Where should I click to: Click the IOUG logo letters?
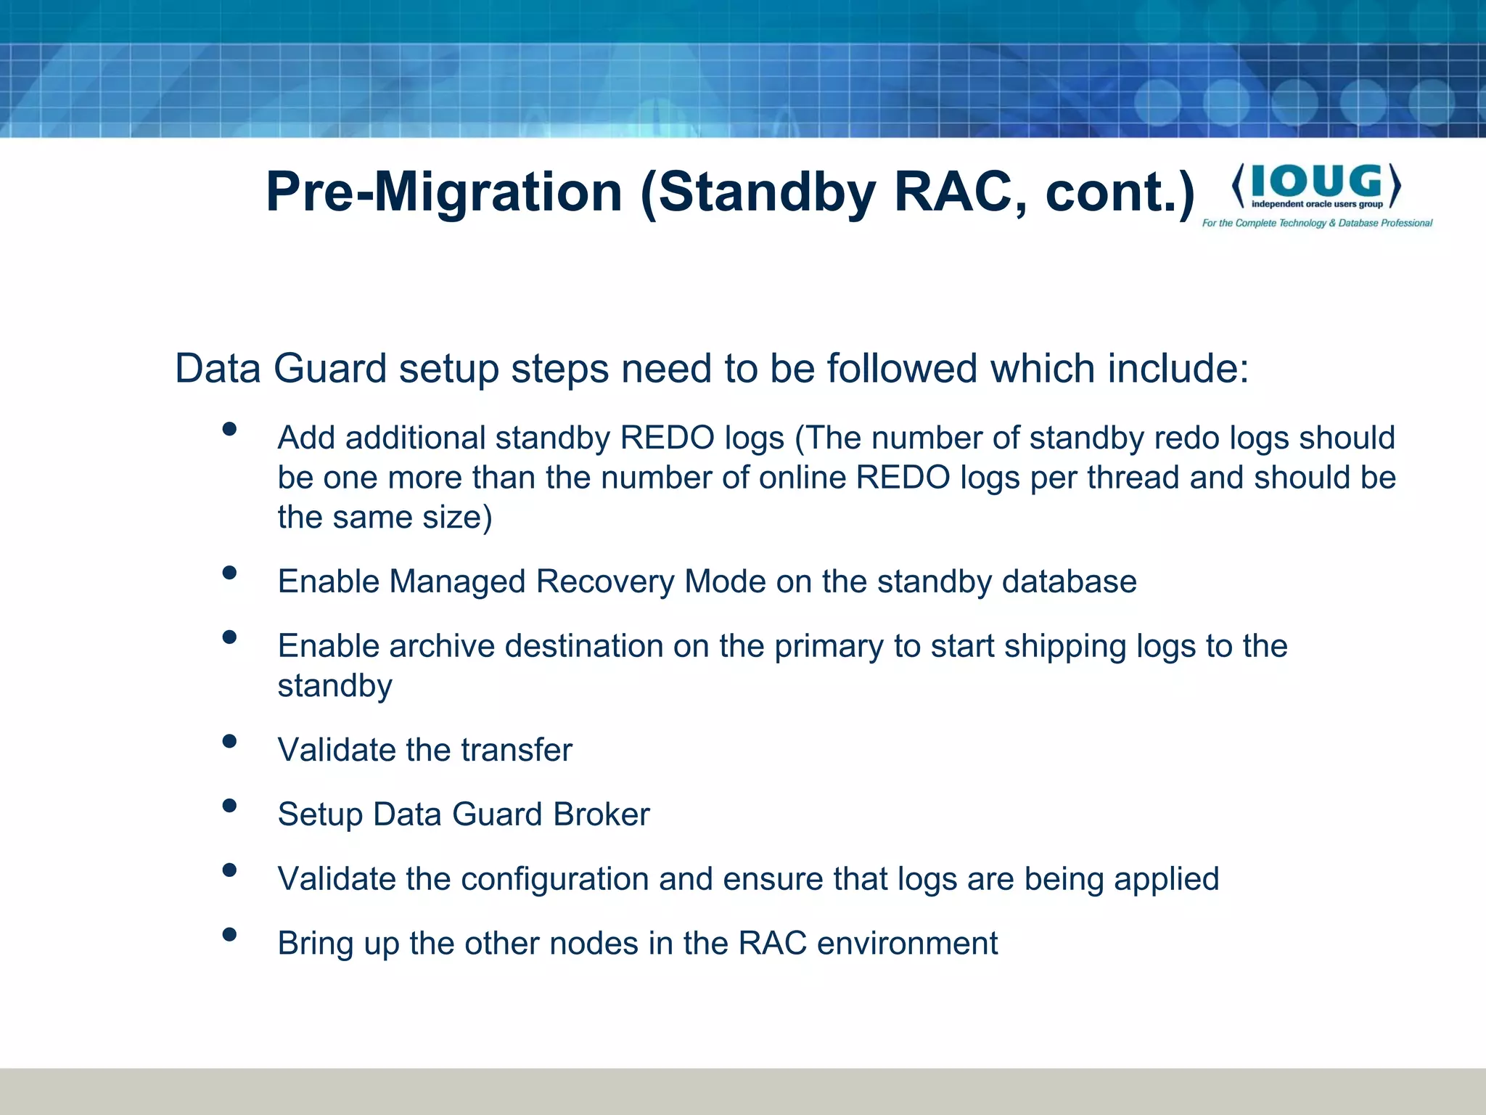point(1316,181)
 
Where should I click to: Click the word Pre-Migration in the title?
point(444,192)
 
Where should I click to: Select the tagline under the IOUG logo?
point(1317,223)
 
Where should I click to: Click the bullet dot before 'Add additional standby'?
point(229,429)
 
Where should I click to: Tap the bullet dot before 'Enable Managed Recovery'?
point(229,573)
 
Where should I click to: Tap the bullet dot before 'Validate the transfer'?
point(229,741)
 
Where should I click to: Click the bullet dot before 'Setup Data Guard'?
point(229,805)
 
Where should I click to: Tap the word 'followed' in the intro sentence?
point(903,368)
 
